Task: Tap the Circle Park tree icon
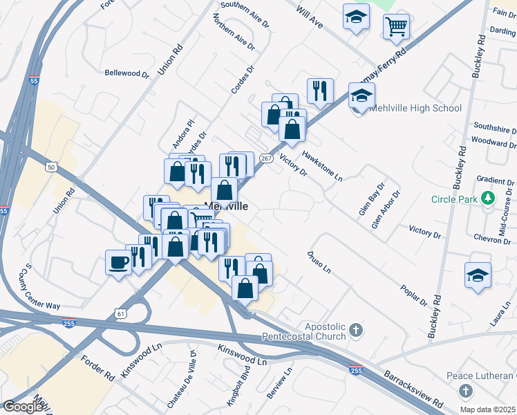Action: pos(489,199)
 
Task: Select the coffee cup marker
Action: pos(117,261)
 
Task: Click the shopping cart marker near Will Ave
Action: pos(397,28)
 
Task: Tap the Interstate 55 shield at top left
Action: pos(35,81)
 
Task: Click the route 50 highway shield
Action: pos(51,167)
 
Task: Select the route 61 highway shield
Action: pos(122,313)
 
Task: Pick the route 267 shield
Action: pos(266,158)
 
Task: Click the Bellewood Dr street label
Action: pos(127,73)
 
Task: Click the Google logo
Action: pos(23,407)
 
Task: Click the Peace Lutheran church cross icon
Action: pos(466,392)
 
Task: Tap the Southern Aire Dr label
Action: pos(243,14)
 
